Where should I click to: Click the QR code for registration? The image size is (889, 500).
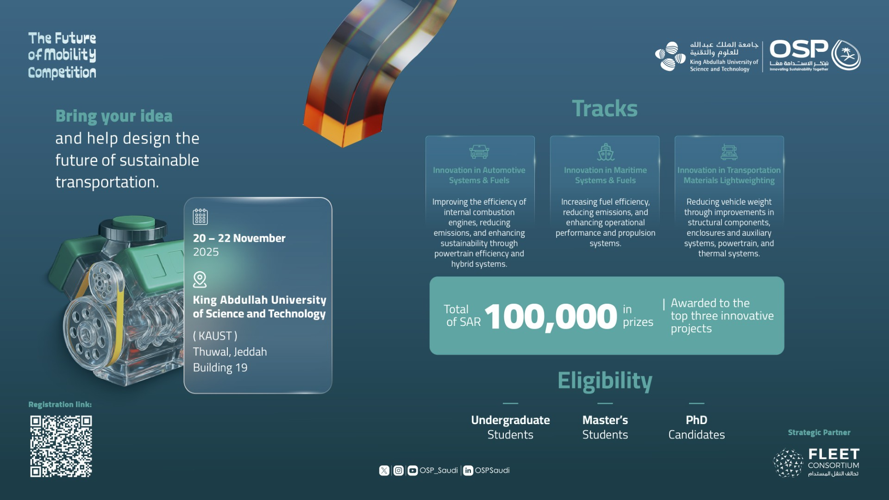(61, 446)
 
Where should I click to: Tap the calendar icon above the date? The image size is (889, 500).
(200, 216)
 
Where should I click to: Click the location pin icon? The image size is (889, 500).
(200, 280)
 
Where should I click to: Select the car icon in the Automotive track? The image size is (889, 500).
(479, 151)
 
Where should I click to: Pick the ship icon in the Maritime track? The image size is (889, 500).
(605, 151)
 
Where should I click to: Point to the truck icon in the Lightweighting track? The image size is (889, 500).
(729, 151)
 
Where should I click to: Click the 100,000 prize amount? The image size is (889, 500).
(551, 317)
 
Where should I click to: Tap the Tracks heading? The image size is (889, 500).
(605, 109)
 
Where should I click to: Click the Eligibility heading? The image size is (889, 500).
(605, 381)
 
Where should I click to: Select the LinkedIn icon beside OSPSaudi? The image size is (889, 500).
(468, 470)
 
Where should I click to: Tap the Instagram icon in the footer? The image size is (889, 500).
(398, 470)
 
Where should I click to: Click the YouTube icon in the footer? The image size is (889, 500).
(413, 470)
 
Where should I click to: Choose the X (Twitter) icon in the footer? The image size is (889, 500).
(384, 470)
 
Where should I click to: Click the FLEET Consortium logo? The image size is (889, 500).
(816, 462)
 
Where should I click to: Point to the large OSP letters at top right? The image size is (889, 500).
(799, 49)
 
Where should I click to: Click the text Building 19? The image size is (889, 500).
(220, 368)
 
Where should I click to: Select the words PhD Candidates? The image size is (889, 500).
(696, 427)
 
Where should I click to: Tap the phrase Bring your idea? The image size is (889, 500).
(114, 116)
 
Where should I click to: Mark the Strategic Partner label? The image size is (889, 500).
(819, 432)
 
